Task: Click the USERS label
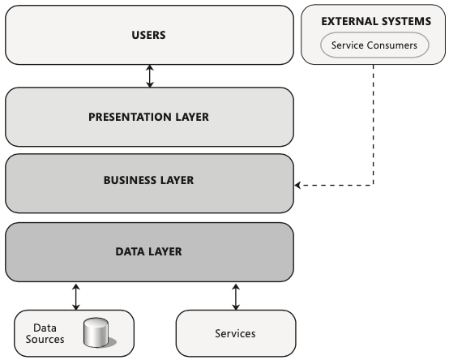point(148,35)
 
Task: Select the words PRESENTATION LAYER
point(148,117)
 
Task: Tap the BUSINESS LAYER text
point(148,180)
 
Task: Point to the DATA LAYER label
point(148,251)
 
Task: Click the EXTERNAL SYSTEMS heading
point(376,21)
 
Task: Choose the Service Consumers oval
point(374,45)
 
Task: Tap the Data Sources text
point(45,333)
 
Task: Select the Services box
point(236,333)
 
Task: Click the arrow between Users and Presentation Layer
point(150,76)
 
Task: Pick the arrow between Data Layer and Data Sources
point(76,297)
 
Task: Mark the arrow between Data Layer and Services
point(236,297)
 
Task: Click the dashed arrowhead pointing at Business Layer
point(297,186)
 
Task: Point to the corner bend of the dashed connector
point(374,186)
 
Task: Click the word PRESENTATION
point(130,117)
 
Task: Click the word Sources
point(45,340)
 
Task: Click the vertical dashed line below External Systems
point(374,125)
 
